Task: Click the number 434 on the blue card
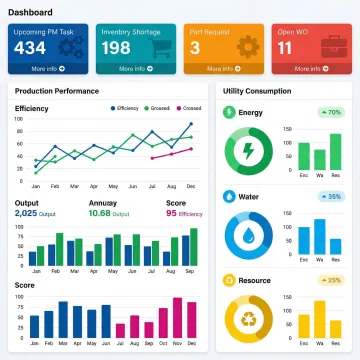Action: (31, 48)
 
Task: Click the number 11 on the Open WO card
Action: (286, 48)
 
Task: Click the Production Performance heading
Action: (56, 91)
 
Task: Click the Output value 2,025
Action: (26, 213)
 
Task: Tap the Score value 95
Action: (171, 213)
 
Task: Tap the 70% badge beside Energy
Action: (333, 113)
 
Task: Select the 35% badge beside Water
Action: (333, 197)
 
